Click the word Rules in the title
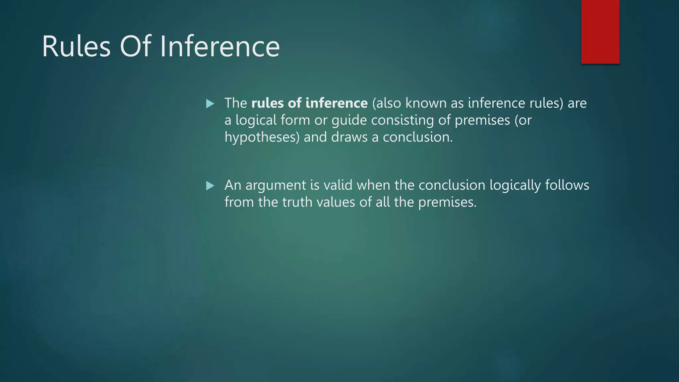[76, 47]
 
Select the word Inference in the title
[220, 47]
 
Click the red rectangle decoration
[600, 32]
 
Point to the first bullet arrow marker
[210, 104]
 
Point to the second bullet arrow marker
[210, 186]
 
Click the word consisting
[402, 120]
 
